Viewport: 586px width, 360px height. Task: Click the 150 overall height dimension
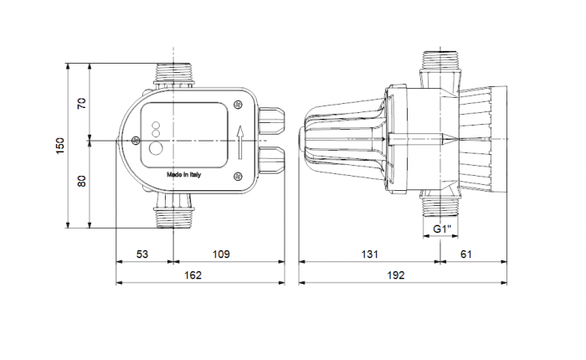point(59,145)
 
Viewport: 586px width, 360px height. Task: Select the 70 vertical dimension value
point(82,103)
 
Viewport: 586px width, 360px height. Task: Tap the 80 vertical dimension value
point(82,181)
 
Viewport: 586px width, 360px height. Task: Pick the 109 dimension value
point(219,254)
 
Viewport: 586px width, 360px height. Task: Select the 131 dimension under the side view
point(369,254)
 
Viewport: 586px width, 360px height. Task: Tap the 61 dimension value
point(467,254)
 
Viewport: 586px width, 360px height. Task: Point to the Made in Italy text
point(183,175)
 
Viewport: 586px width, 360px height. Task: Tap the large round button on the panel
point(157,150)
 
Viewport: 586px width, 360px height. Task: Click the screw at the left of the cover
point(135,142)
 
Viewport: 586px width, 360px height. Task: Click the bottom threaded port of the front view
point(173,216)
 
